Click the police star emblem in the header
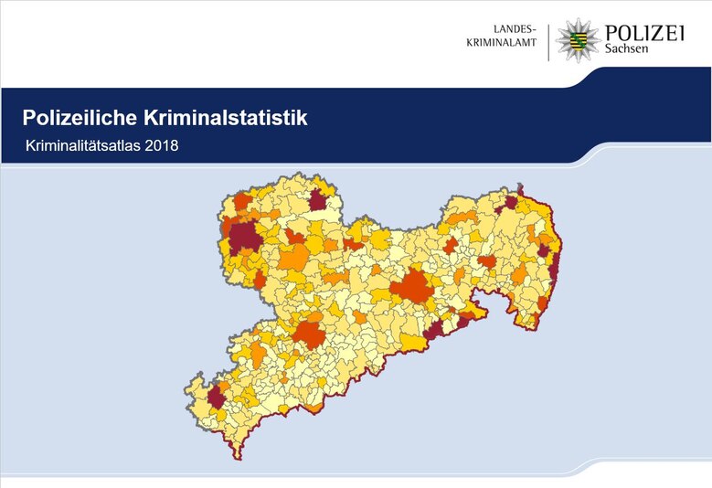(576, 40)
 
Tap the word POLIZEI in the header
(644, 33)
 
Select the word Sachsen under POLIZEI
(627, 50)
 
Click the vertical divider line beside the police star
(549, 41)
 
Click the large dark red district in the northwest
(244, 239)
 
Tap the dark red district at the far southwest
(216, 398)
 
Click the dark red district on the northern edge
(317, 200)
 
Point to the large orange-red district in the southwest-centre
(309, 334)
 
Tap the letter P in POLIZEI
(611, 33)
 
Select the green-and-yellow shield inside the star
(576, 41)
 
